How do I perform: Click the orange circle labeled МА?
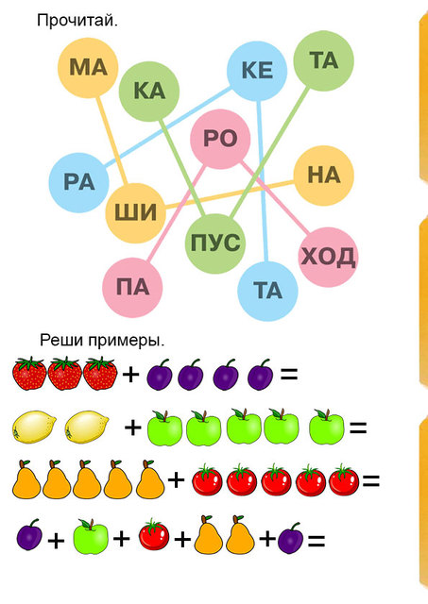pyautogui.click(x=88, y=68)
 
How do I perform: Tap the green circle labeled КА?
pyautogui.click(x=149, y=91)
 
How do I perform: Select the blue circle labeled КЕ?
pyautogui.click(x=257, y=71)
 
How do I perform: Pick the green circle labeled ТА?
pyautogui.click(x=323, y=60)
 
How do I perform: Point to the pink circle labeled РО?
pyautogui.click(x=220, y=139)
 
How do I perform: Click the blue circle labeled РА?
pyautogui.click(x=79, y=182)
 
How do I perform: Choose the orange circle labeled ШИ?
pyautogui.click(x=136, y=213)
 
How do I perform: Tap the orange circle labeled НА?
pyautogui.click(x=323, y=176)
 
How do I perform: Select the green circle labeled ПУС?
pyautogui.click(x=215, y=243)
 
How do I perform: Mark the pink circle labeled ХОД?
pyautogui.click(x=329, y=257)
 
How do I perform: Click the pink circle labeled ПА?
pyautogui.click(x=132, y=288)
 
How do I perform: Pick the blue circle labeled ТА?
pyautogui.click(x=267, y=291)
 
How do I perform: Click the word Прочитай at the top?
pyautogui.click(x=77, y=21)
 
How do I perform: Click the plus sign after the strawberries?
pyautogui.click(x=130, y=375)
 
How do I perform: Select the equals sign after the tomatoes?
pyautogui.click(x=371, y=480)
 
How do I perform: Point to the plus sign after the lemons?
pyautogui.click(x=133, y=428)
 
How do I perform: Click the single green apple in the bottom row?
pyautogui.click(x=91, y=536)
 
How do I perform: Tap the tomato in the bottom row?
pyautogui.click(x=154, y=534)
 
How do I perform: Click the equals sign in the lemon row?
pyautogui.click(x=358, y=428)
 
